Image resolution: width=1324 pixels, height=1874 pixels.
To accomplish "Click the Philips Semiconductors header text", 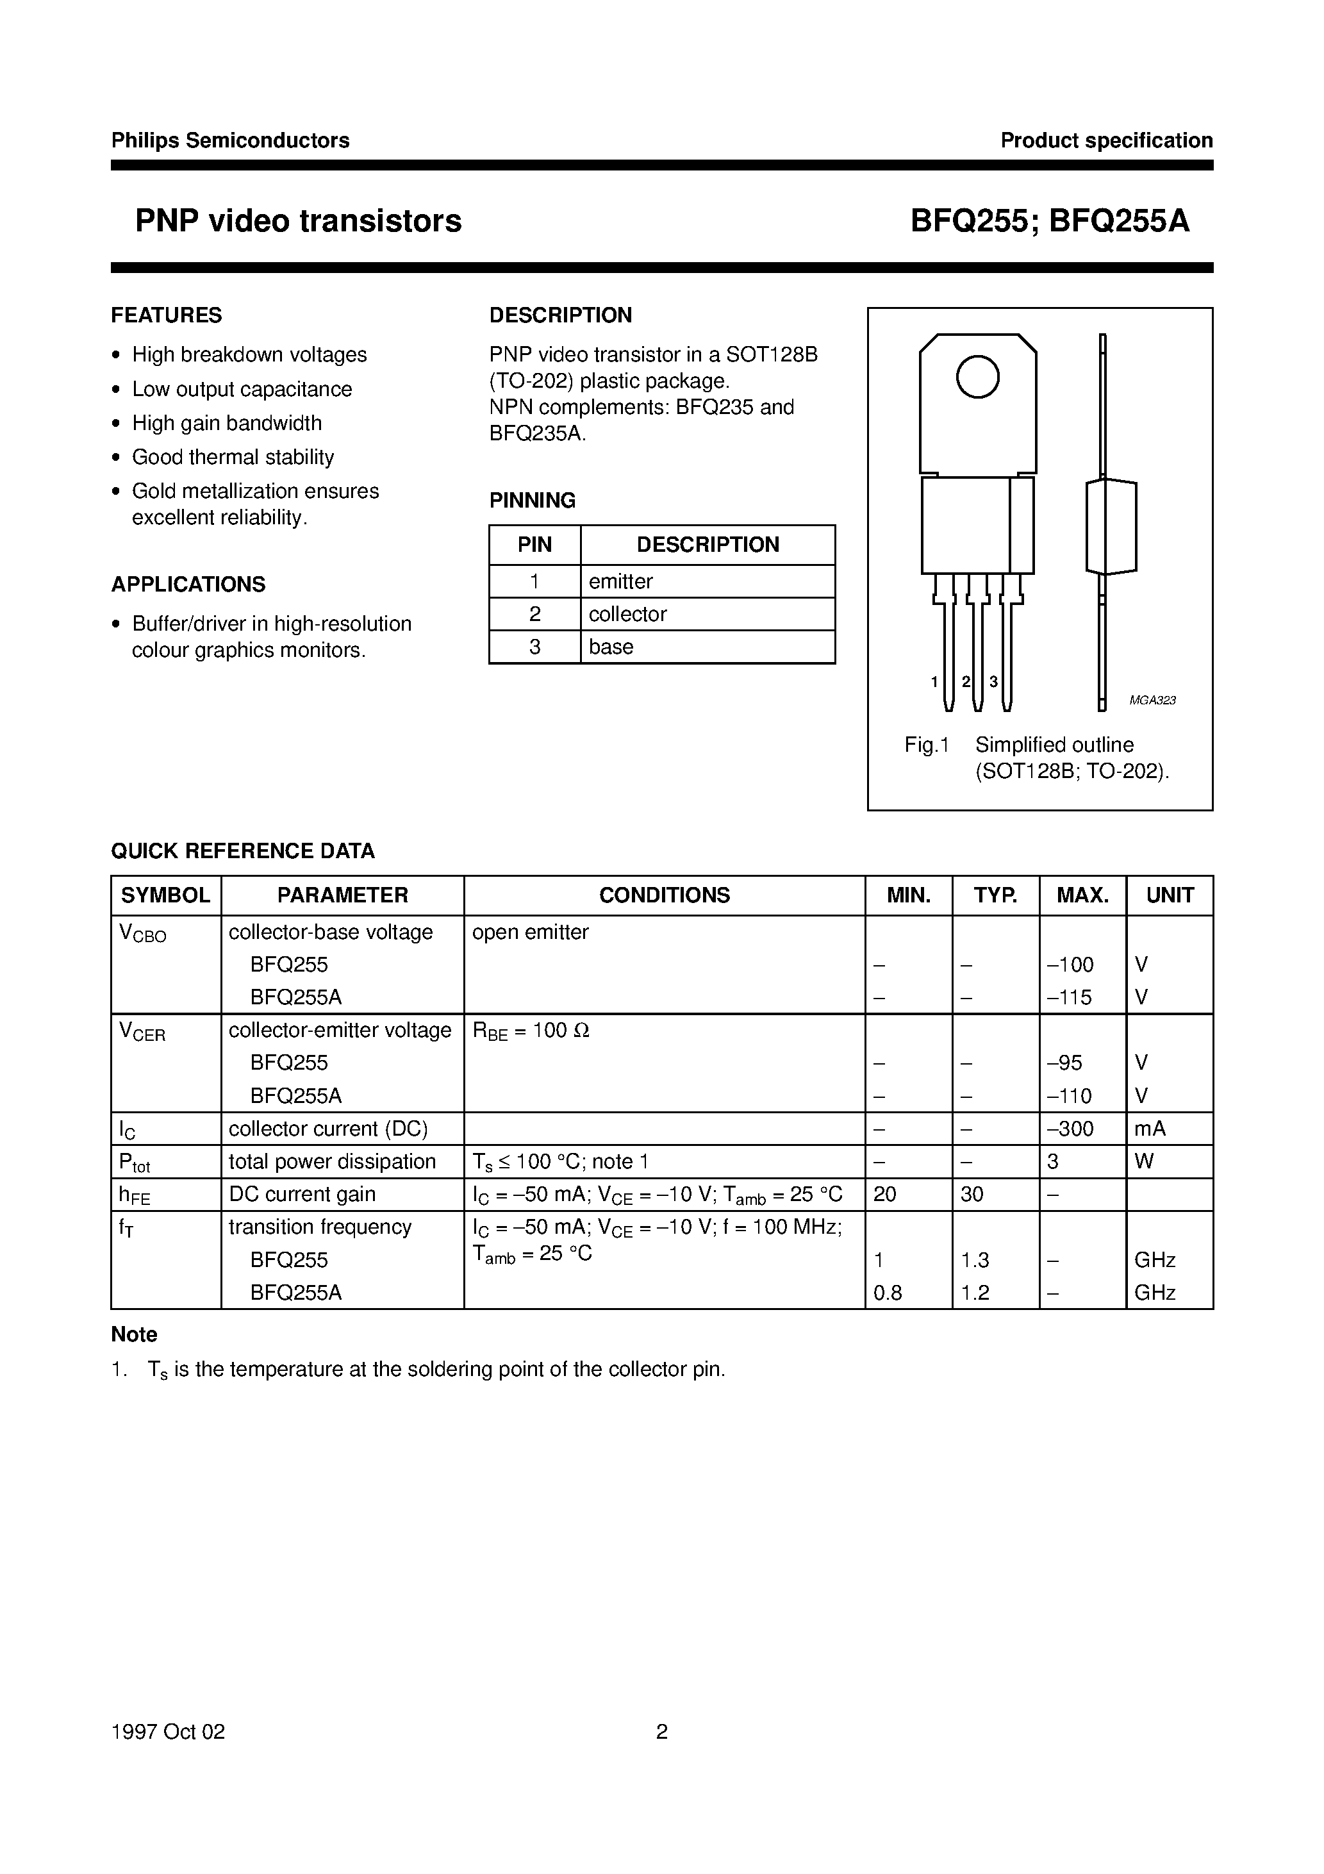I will click(x=230, y=140).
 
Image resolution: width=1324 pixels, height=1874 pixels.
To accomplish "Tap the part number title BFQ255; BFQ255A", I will click(x=1050, y=221).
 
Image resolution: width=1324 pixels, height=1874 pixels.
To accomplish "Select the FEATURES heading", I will click(x=167, y=315).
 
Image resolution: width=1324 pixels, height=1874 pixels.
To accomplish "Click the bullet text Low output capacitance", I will click(x=242, y=389).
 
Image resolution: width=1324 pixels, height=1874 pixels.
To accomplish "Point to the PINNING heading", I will click(x=532, y=501).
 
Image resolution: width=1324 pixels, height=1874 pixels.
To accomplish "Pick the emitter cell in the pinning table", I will click(x=620, y=581).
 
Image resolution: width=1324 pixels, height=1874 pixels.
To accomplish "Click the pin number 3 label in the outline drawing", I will click(x=993, y=681).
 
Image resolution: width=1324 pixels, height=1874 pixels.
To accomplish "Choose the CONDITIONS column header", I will click(x=664, y=895).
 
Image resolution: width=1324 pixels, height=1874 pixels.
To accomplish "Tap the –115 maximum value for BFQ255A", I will click(x=1070, y=997).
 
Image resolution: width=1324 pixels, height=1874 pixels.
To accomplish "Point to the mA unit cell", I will click(x=1150, y=1129).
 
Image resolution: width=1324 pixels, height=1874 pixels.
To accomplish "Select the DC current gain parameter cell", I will click(x=302, y=1194).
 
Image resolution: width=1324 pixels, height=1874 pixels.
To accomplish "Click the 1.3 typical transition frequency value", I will click(x=975, y=1260).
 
